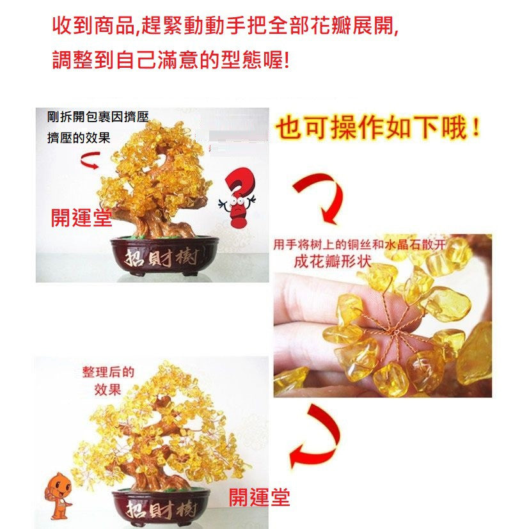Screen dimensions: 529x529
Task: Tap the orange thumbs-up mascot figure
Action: point(59,496)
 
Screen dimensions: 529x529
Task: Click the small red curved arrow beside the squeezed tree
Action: point(90,160)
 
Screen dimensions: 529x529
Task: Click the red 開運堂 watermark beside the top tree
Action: point(81,217)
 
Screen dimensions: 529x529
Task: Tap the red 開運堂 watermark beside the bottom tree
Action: point(259,497)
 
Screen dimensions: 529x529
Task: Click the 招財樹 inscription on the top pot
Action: point(161,258)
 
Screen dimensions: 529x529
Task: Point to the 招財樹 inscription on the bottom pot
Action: point(161,509)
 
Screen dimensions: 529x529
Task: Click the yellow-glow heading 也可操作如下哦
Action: point(378,127)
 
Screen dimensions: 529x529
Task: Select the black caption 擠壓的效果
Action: point(79,138)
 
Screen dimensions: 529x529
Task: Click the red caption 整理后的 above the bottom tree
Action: point(108,372)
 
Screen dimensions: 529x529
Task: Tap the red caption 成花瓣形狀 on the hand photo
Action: point(333,262)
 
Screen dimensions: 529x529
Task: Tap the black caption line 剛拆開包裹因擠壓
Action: point(98,117)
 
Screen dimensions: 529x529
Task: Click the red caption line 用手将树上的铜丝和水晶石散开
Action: point(359,244)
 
